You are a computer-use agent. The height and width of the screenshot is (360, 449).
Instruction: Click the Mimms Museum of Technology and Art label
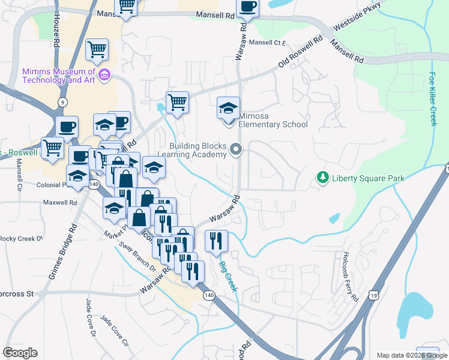tap(59, 75)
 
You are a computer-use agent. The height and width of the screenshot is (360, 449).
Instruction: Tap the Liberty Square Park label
tap(368, 178)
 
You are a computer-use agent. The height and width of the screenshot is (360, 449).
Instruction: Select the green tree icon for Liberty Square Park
tap(323, 178)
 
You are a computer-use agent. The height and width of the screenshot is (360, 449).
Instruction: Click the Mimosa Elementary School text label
tap(273, 120)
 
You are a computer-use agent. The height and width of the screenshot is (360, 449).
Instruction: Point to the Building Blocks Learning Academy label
tap(197, 150)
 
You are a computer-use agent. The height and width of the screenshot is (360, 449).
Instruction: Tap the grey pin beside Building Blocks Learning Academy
tap(237, 149)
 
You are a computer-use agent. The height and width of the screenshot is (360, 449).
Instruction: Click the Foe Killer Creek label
tap(433, 100)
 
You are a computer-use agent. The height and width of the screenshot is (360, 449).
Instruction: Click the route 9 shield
tap(62, 102)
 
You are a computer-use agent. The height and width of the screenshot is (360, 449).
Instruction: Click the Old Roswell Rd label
tap(300, 55)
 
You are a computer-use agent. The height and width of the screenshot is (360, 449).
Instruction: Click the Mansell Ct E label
tap(268, 43)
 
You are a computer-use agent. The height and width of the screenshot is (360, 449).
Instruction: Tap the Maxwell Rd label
tap(59, 203)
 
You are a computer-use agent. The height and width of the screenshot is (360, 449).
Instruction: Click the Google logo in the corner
tap(20, 353)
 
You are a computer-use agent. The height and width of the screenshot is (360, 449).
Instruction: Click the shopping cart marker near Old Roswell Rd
tap(177, 103)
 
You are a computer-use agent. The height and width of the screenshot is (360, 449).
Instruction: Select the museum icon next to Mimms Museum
tap(105, 75)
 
